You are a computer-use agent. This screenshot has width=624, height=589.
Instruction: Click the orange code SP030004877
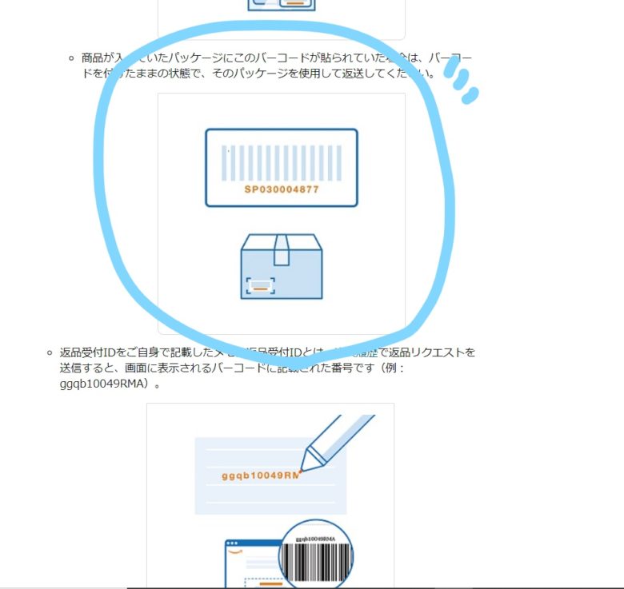[x=282, y=190]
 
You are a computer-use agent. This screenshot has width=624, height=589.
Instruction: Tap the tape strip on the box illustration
[x=282, y=250]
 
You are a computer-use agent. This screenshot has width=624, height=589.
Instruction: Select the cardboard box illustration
[x=282, y=267]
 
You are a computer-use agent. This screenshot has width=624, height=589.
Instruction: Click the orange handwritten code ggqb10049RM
[x=260, y=476]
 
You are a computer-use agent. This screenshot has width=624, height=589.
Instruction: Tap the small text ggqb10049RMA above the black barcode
[x=314, y=540]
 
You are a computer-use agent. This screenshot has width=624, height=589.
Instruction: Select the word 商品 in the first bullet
[x=91, y=58]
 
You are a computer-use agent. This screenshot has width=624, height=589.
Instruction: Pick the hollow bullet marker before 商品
[x=71, y=58]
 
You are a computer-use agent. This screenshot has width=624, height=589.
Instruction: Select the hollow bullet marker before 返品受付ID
[x=50, y=352]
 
